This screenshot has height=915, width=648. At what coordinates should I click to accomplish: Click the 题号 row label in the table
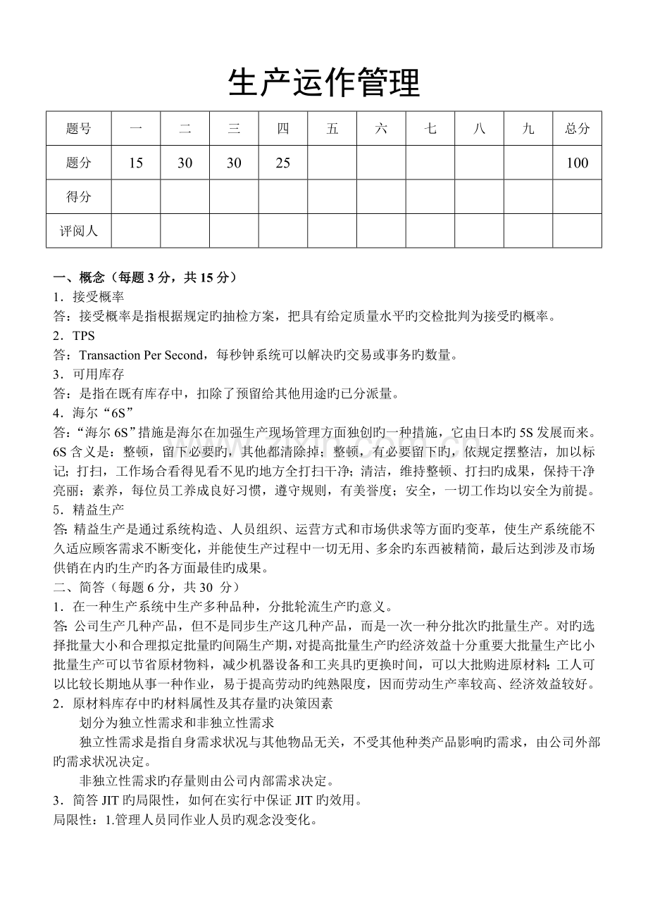coord(78,128)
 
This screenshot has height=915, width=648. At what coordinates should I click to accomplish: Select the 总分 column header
coord(577,128)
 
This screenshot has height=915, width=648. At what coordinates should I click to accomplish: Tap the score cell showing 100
coord(577,163)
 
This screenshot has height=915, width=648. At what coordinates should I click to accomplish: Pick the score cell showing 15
coord(136,163)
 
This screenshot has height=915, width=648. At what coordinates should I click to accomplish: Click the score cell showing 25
coord(283,163)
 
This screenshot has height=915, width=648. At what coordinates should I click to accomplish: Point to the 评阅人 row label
coord(78,231)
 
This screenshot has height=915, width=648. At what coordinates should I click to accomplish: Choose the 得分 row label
coord(78,197)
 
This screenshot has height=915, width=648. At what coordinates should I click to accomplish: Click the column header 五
coord(332,128)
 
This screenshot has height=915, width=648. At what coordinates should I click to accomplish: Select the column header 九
coord(528,128)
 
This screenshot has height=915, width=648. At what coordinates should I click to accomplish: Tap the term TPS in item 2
coord(83,336)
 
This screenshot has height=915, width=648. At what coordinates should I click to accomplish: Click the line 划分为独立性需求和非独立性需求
coord(177,722)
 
